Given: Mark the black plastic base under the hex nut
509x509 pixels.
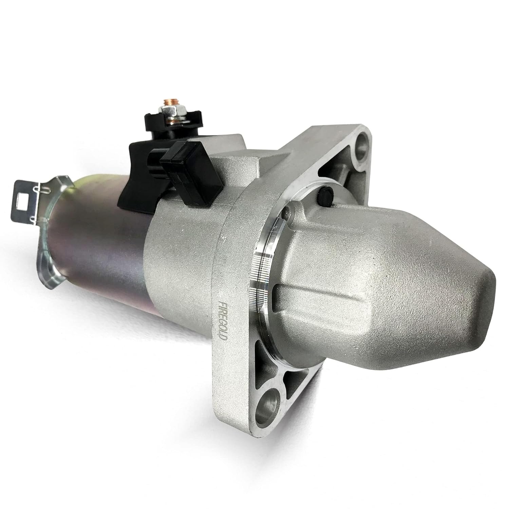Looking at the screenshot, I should [x=159, y=126].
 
